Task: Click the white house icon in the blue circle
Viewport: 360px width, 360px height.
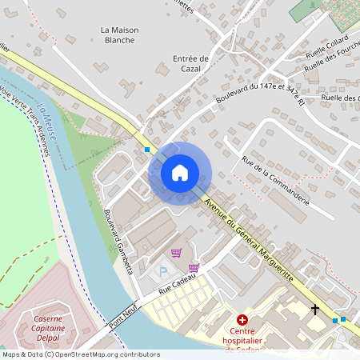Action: (x=180, y=172)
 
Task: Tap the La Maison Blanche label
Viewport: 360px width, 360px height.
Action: (x=120, y=35)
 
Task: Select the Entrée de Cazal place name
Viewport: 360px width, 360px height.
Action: (x=190, y=63)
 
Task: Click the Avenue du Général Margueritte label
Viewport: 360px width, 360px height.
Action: (x=249, y=238)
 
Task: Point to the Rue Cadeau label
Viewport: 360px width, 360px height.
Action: (x=177, y=285)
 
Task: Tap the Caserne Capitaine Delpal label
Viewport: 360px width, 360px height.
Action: (x=48, y=327)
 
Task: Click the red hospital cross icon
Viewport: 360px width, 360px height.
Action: (x=242, y=319)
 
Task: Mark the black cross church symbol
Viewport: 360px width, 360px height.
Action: (x=314, y=309)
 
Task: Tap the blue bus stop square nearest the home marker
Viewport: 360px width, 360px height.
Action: (x=147, y=149)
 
